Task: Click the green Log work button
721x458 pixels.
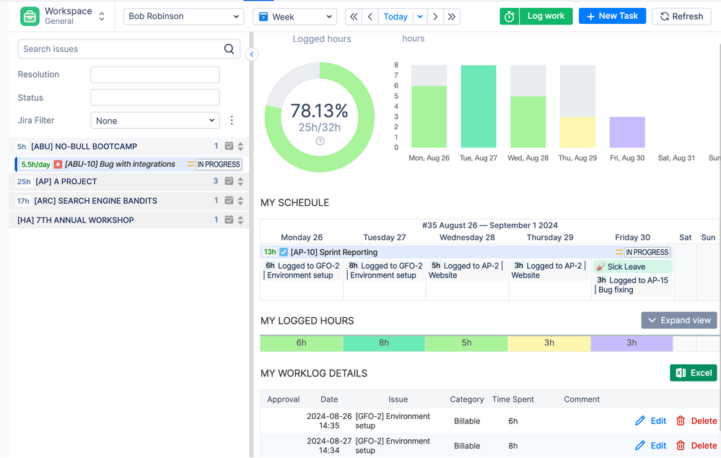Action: [x=536, y=16]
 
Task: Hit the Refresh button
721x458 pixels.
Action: [x=681, y=16]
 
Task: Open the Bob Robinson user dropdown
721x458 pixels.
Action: [x=183, y=16]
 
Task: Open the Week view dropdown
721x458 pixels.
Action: [x=294, y=17]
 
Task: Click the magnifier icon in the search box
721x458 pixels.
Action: [x=229, y=49]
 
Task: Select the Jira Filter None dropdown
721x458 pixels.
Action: [x=154, y=121]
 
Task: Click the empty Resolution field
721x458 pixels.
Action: [x=154, y=74]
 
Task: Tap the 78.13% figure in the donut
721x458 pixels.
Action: [x=319, y=111]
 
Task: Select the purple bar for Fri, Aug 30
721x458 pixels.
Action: [x=627, y=132]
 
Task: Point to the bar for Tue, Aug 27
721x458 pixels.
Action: [x=479, y=106]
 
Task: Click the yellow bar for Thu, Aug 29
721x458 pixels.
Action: [x=577, y=132]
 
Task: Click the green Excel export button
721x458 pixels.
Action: [x=693, y=373]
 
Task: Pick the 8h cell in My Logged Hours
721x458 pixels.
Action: [x=384, y=343]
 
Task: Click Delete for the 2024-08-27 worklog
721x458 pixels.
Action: [x=696, y=446]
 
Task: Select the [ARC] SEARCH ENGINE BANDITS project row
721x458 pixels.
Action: [x=87, y=201]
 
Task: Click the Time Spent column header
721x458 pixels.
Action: [x=513, y=399]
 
